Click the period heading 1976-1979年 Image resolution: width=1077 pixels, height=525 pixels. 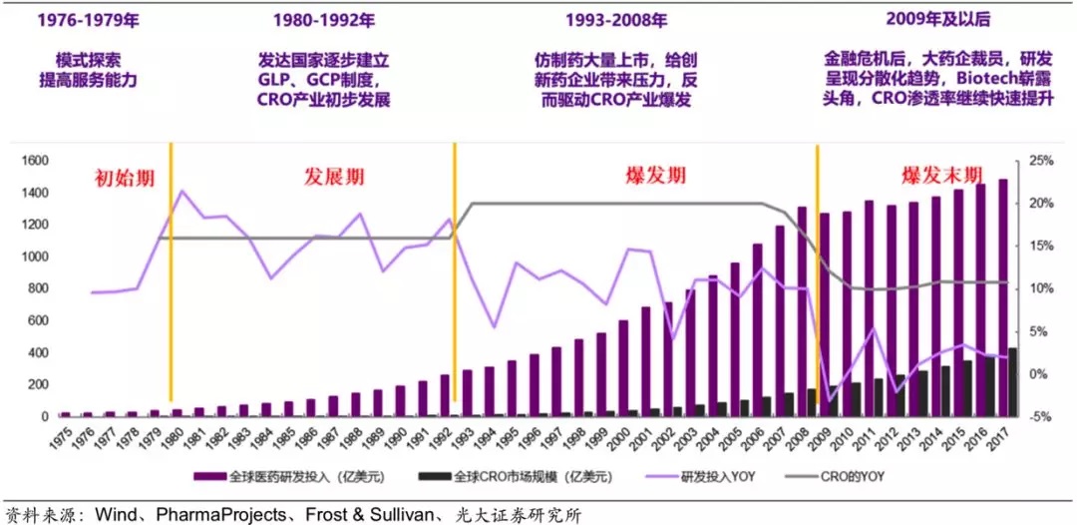click(x=89, y=21)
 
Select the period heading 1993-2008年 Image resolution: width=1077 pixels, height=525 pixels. click(x=616, y=21)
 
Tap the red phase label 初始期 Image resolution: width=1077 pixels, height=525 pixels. click(x=125, y=178)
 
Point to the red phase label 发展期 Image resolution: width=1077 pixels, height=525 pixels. click(x=334, y=177)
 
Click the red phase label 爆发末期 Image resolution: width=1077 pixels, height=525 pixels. click(x=941, y=177)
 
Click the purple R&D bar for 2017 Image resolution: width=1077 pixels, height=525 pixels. click(x=1003, y=297)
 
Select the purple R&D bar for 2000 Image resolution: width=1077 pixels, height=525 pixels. click(x=623, y=367)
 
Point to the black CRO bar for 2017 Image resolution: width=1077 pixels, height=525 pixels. click(x=1012, y=382)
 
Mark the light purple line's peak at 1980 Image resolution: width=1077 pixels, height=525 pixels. click(x=181, y=191)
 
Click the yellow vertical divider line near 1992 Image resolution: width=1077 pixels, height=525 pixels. click(x=454, y=271)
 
